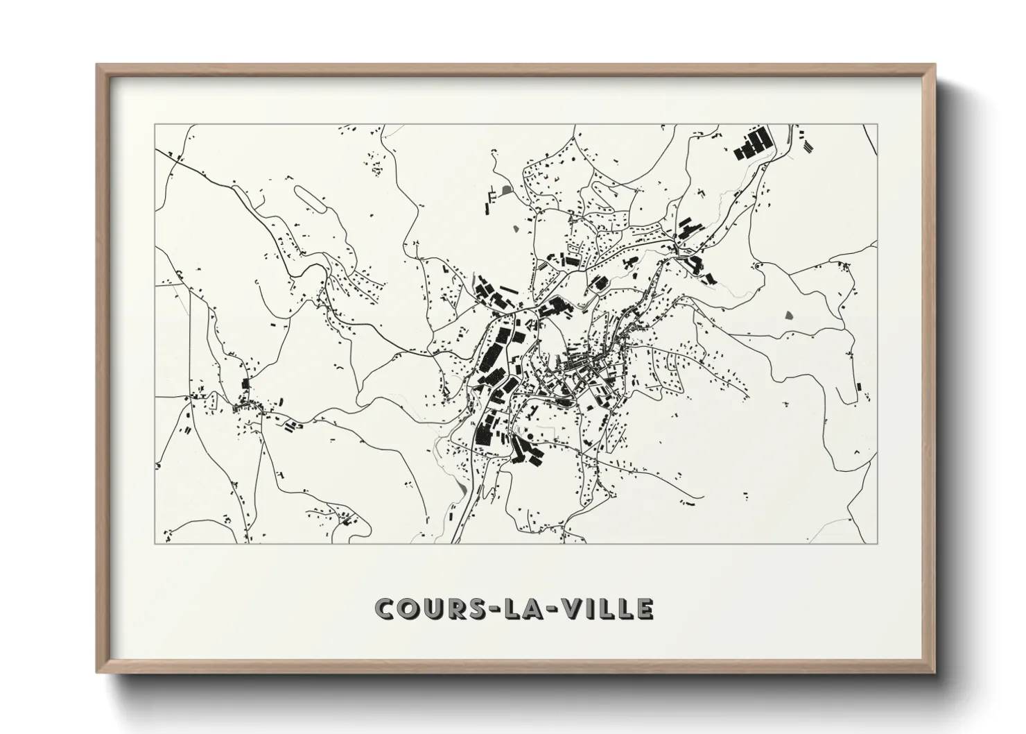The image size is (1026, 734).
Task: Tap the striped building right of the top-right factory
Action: [809, 145]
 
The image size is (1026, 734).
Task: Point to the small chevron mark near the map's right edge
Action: [857, 452]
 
